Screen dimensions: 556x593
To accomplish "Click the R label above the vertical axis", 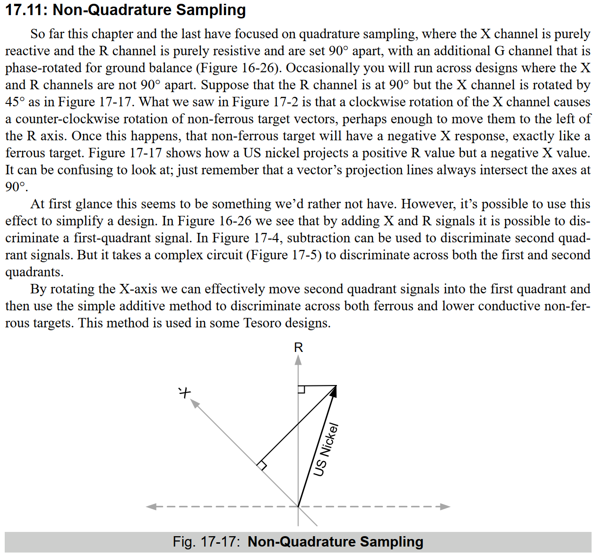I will coord(298,348).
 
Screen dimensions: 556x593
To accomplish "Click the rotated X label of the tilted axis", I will coord(184,392).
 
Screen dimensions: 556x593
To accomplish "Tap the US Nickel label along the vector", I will coord(327,449).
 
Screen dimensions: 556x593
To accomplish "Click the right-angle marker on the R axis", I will coord(301,389).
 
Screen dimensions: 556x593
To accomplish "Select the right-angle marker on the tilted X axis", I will coord(261,465).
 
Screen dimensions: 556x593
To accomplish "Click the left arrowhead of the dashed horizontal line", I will coord(151,506).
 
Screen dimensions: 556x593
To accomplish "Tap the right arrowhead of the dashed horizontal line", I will coord(445,506).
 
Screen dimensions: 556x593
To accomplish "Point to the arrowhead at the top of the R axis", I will coord(298,360).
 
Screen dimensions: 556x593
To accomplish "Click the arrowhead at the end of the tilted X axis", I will coord(194,403).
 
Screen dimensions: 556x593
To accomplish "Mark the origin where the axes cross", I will coord(298,506).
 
